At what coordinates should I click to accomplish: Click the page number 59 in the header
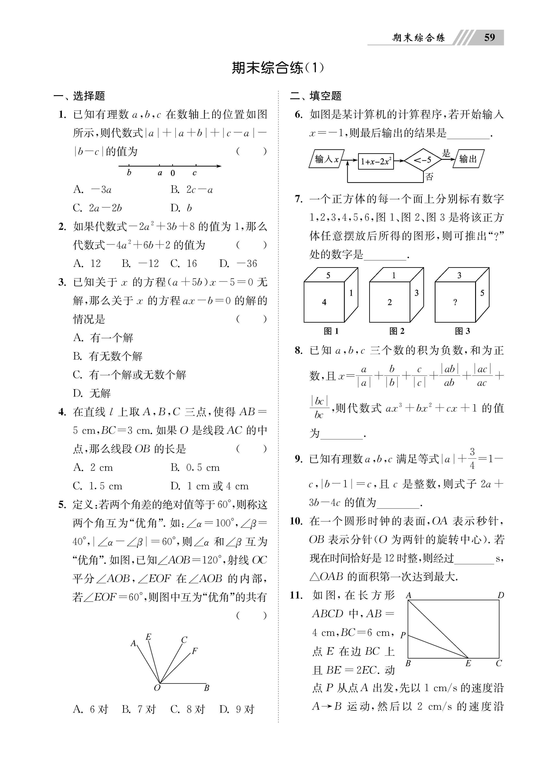point(489,37)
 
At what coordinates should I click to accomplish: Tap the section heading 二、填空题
point(316,96)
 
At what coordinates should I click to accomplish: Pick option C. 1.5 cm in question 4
point(98,486)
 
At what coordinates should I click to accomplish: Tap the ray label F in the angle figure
point(195,651)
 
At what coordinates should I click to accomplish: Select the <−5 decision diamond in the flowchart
point(422,160)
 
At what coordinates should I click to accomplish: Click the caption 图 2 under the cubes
point(397,331)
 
